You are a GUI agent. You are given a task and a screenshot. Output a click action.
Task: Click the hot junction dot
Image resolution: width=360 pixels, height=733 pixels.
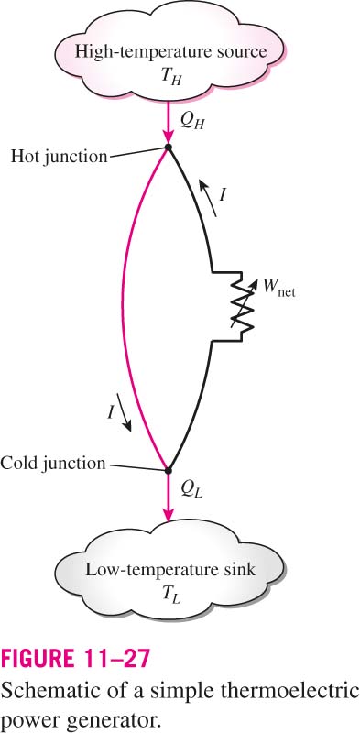[x=169, y=148]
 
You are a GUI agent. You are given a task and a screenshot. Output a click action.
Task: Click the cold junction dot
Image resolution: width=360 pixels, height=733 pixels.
[x=169, y=470]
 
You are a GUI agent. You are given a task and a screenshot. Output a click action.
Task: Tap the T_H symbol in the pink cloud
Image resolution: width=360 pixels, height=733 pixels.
[x=169, y=75]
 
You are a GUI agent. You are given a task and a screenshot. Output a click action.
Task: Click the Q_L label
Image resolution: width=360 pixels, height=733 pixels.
[x=190, y=489]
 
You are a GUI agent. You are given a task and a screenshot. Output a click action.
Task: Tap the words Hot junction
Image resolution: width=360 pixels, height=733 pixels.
[x=59, y=156]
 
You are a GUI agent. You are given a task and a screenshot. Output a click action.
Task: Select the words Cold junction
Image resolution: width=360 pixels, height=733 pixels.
[x=53, y=464]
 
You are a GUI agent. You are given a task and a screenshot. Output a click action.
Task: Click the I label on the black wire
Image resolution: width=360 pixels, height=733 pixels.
[x=223, y=195]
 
